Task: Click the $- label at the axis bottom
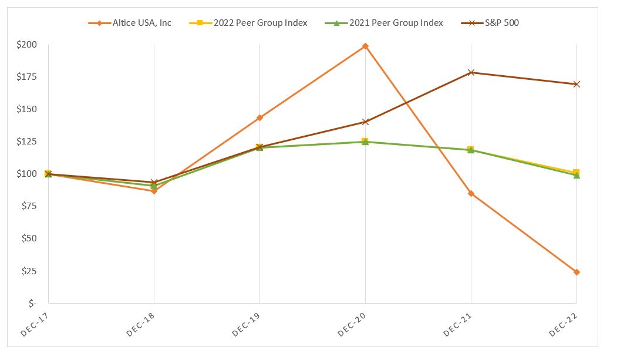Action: click(31, 304)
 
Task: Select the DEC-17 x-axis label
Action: click(34, 324)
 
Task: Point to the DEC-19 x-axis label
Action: click(245, 324)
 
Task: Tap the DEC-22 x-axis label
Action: click(562, 324)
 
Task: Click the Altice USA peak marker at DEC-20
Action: click(365, 46)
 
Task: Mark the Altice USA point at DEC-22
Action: click(576, 272)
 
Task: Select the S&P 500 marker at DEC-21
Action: click(471, 73)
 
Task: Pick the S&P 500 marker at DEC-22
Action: click(576, 84)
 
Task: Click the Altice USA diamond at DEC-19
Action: click(259, 117)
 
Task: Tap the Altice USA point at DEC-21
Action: click(471, 193)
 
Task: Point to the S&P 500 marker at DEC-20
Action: click(365, 122)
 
